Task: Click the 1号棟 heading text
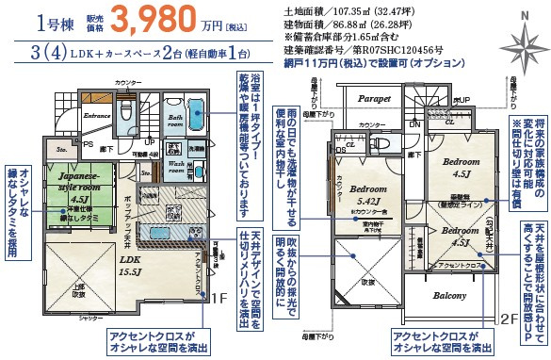click(x=31, y=22)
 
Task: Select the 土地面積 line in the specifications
click(x=329, y=10)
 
